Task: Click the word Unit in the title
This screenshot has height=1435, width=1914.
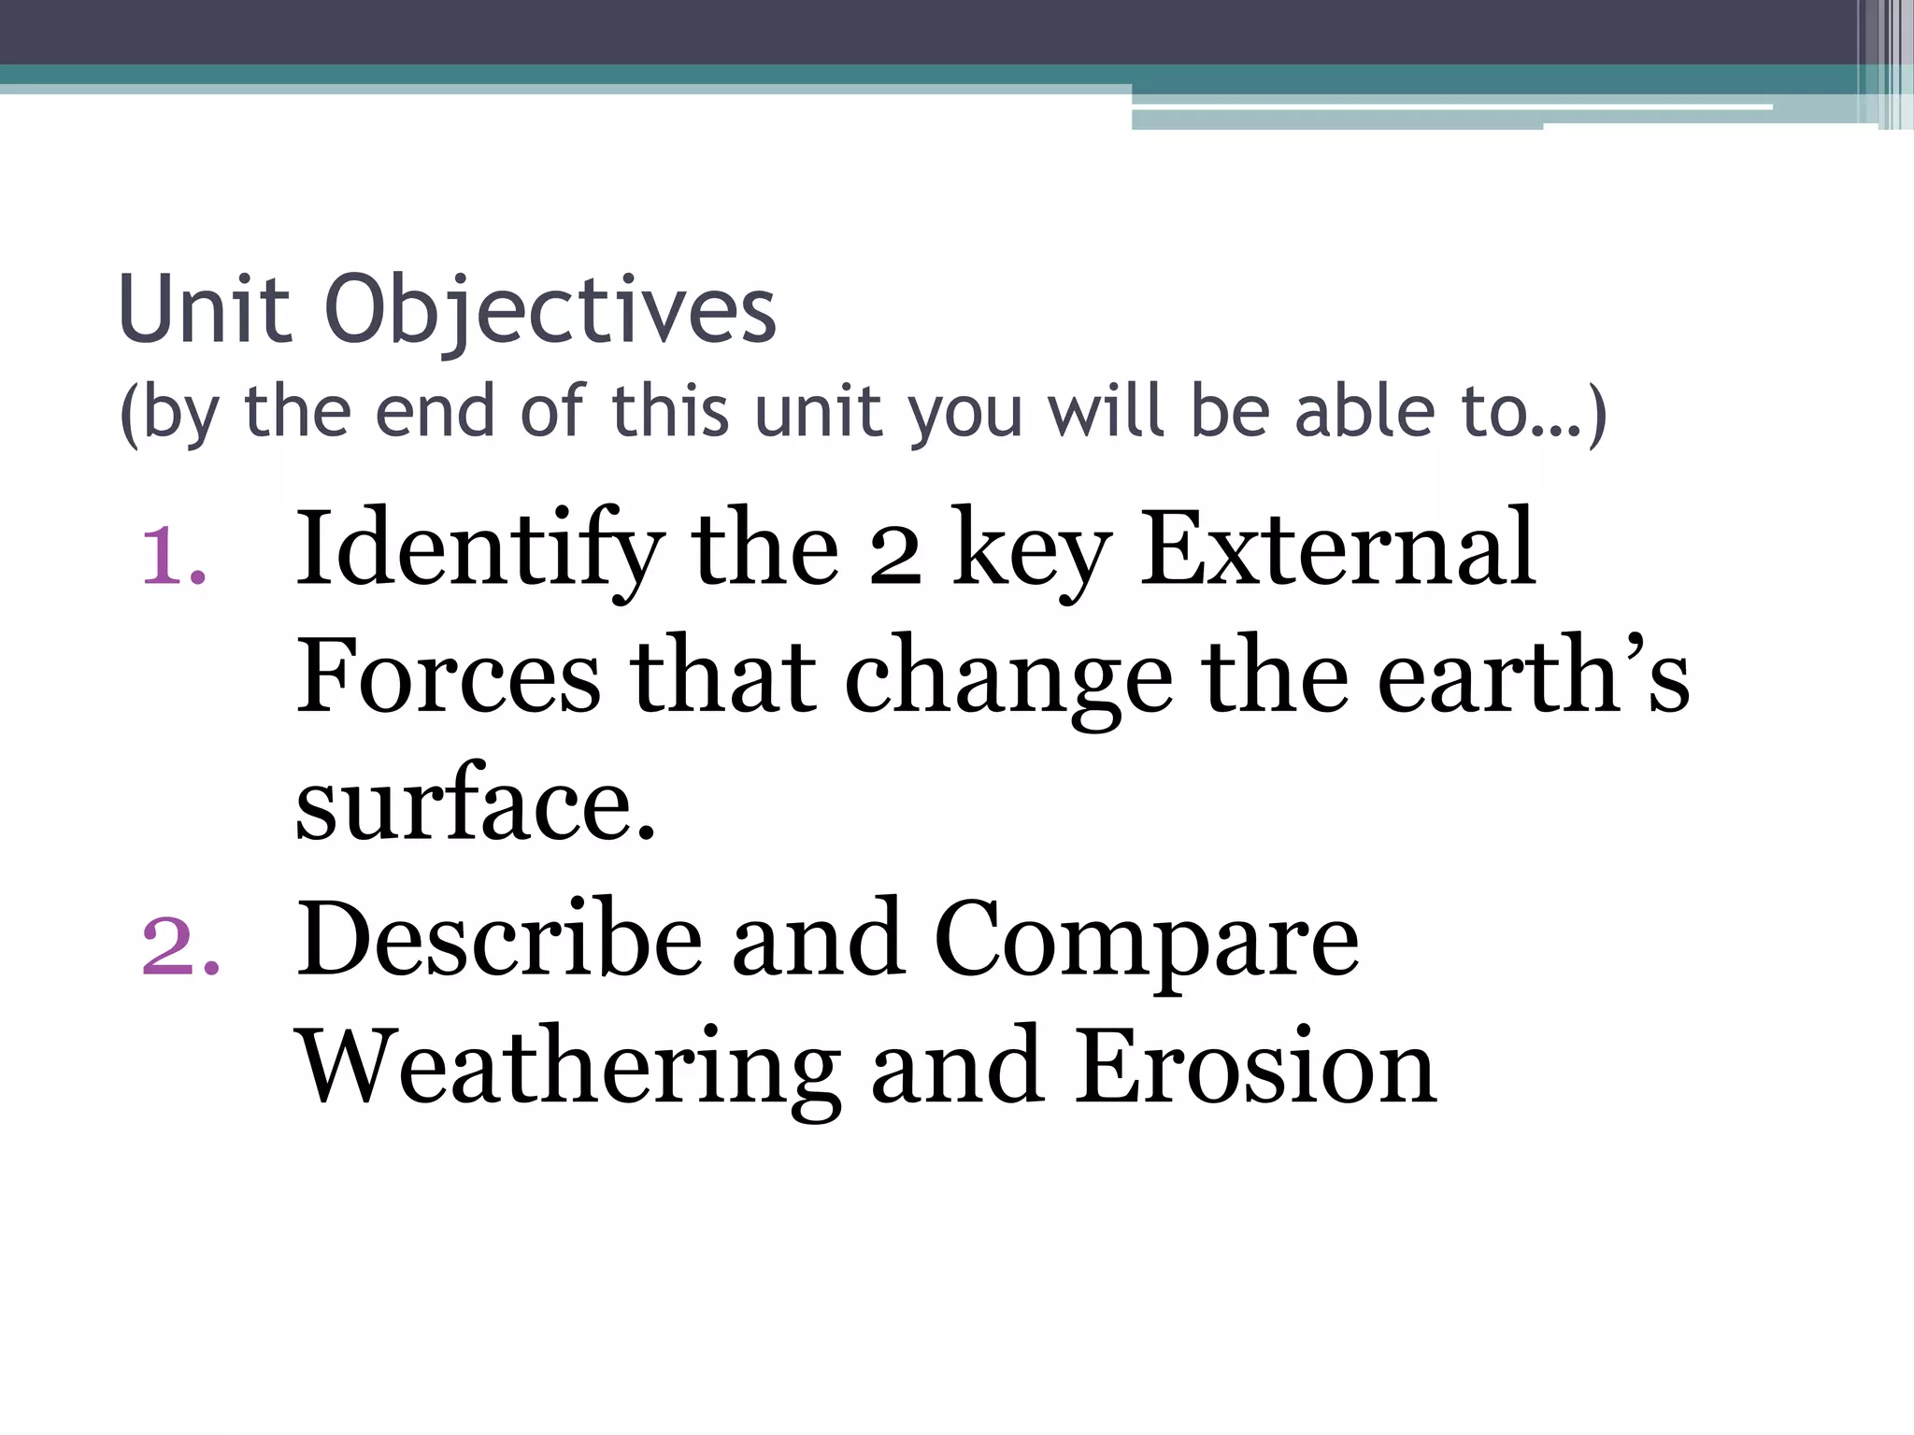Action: (x=205, y=309)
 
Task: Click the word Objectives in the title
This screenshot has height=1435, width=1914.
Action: (x=550, y=311)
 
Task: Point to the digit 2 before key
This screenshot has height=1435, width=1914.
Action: (x=894, y=555)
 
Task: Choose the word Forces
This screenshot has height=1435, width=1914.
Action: (x=449, y=676)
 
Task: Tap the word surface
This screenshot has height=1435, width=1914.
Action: (x=476, y=804)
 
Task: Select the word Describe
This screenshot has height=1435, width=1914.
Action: (x=500, y=939)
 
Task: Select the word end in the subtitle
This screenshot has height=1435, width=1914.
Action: (x=435, y=412)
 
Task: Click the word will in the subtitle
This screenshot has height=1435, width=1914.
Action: (x=1107, y=412)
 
